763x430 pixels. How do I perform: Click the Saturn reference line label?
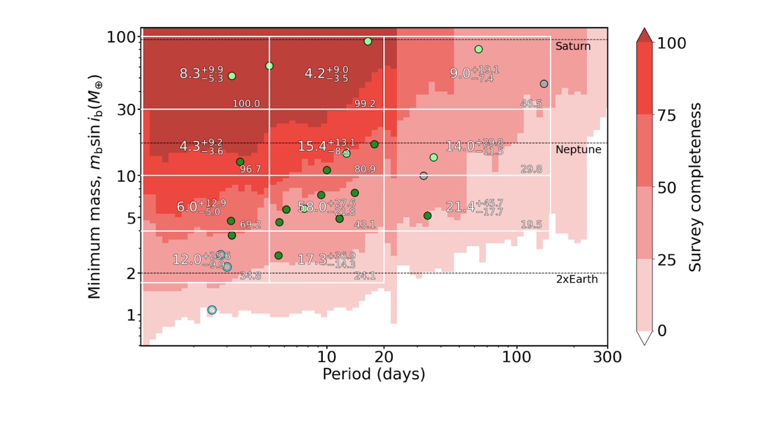pos(573,46)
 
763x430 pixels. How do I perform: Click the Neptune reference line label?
pos(578,150)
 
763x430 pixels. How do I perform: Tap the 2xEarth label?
pos(576,279)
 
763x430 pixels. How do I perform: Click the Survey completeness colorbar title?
pos(696,186)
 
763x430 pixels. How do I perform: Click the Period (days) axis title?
pos(373,374)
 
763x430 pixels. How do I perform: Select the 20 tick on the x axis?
pos(384,357)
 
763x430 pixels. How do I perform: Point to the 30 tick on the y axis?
pos(122,109)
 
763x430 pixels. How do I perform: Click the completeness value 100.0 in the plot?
pos(246,104)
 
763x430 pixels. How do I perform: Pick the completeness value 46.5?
pos(531,104)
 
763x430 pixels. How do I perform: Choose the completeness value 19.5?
pos(531,225)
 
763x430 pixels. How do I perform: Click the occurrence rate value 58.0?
pos(312,207)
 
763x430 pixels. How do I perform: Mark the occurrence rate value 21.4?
pos(461,207)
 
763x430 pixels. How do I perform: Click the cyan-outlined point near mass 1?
pos(212,309)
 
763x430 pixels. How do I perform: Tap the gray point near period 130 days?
pos(543,84)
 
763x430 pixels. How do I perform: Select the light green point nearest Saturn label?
pos(478,49)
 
